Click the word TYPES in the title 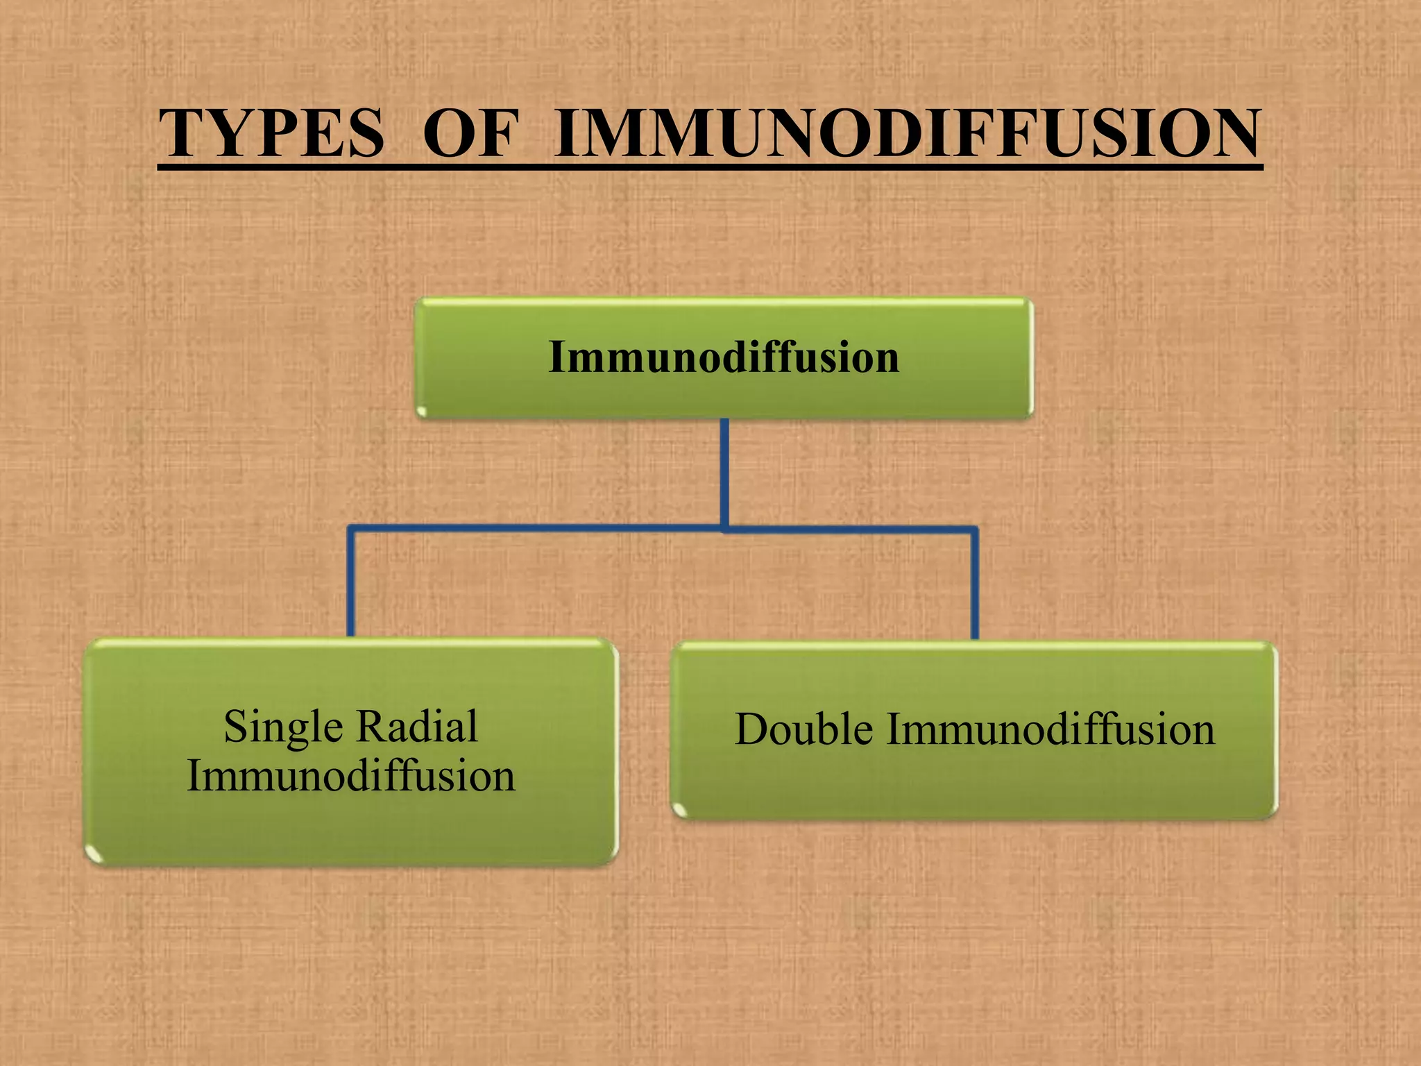tap(271, 133)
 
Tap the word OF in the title tap(470, 133)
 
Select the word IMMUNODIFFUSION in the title tap(907, 133)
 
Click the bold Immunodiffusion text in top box tap(724, 357)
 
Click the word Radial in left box tap(418, 726)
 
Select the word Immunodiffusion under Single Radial tap(351, 775)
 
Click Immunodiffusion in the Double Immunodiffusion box tap(1050, 729)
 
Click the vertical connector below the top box tap(724, 472)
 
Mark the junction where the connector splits tap(724, 530)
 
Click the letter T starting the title tap(181, 133)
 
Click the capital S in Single tap(235, 727)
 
